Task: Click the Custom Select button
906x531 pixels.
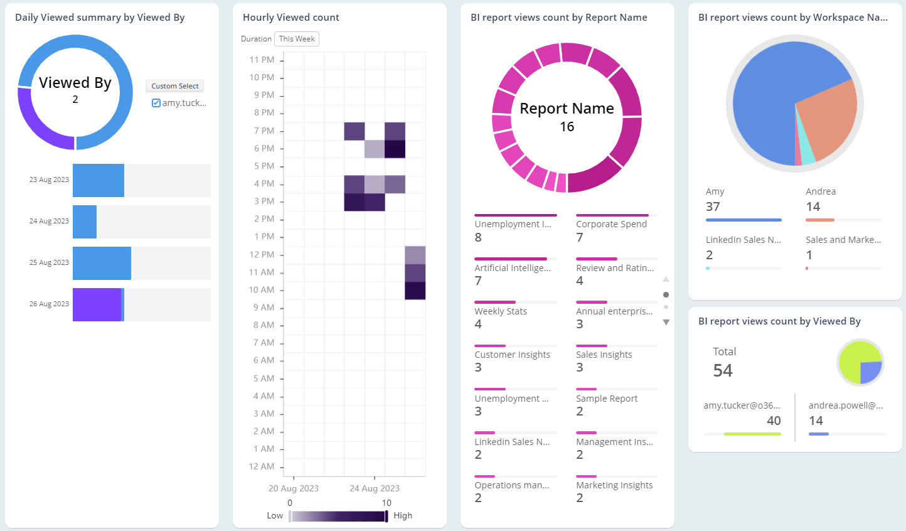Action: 174,86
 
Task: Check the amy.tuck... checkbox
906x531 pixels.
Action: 156,103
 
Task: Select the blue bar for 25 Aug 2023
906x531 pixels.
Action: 102,263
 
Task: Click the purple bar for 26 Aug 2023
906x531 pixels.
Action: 97,304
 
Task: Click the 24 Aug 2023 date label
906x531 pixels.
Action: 49,221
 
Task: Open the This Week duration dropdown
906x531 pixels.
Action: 297,39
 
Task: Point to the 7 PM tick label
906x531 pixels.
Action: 264,131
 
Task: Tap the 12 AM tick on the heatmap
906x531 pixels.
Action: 262,466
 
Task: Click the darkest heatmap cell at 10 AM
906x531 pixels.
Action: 415,291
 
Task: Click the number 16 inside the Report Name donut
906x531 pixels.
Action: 567,127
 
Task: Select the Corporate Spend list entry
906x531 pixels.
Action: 611,224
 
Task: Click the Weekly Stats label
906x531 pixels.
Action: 501,311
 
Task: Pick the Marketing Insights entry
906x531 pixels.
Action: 614,485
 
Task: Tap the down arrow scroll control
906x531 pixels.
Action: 666,323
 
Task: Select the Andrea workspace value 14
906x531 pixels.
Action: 813,207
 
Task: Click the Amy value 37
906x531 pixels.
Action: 713,207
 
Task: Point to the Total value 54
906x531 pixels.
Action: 723,371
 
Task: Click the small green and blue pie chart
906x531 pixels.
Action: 860,363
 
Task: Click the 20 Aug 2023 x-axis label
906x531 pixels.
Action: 294,488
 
